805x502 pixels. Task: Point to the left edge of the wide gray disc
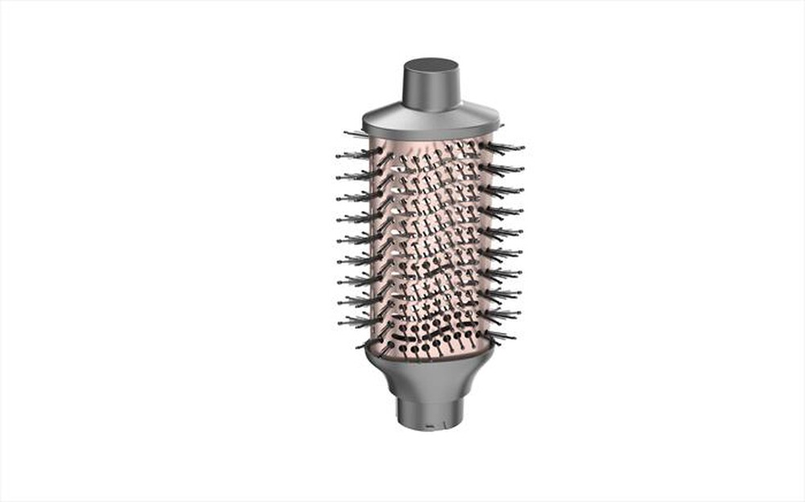pyautogui.click(x=365, y=122)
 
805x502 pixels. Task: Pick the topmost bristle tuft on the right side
pyautogui.click(x=507, y=147)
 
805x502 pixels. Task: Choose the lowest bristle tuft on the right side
pyautogui.click(x=499, y=333)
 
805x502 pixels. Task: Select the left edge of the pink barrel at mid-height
pyautogui.click(x=373, y=241)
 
